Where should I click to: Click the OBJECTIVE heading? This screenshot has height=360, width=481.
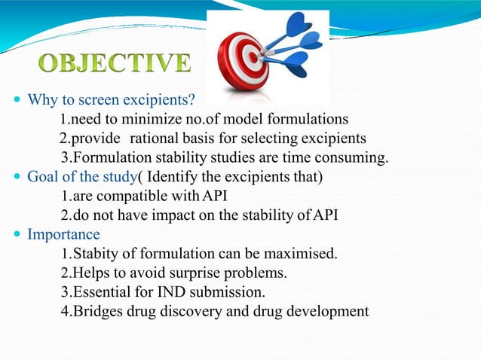pyautogui.click(x=116, y=64)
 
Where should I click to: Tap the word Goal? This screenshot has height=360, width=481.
pyautogui.click(x=43, y=177)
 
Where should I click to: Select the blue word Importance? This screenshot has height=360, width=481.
pyautogui.click(x=63, y=234)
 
